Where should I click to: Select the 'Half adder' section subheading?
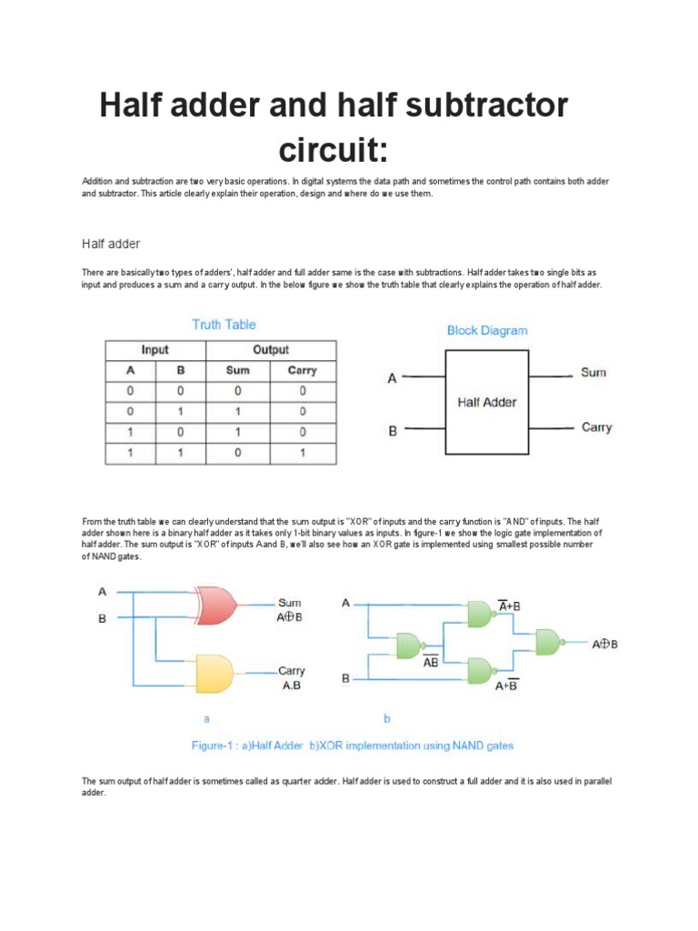pyautogui.click(x=110, y=244)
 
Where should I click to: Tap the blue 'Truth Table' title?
pyautogui.click(x=224, y=325)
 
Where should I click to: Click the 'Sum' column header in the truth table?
pyautogui.click(x=237, y=370)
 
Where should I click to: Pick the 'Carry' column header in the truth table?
pyautogui.click(x=302, y=370)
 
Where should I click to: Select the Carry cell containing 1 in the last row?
pyautogui.click(x=302, y=452)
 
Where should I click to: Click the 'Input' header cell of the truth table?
pyautogui.click(x=155, y=350)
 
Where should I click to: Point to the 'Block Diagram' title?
pyautogui.click(x=486, y=331)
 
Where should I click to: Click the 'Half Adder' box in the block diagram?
pyautogui.click(x=486, y=402)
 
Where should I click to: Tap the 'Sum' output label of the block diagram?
pyautogui.click(x=593, y=373)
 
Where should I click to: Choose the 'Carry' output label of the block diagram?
pyautogui.click(x=596, y=427)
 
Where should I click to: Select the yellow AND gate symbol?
pyautogui.click(x=213, y=672)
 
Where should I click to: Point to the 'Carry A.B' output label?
pyautogui.click(x=291, y=678)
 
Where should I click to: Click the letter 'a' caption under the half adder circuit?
pyautogui.click(x=206, y=718)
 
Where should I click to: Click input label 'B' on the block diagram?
pyautogui.click(x=393, y=431)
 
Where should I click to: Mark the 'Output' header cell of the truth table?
pyautogui.click(x=270, y=350)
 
